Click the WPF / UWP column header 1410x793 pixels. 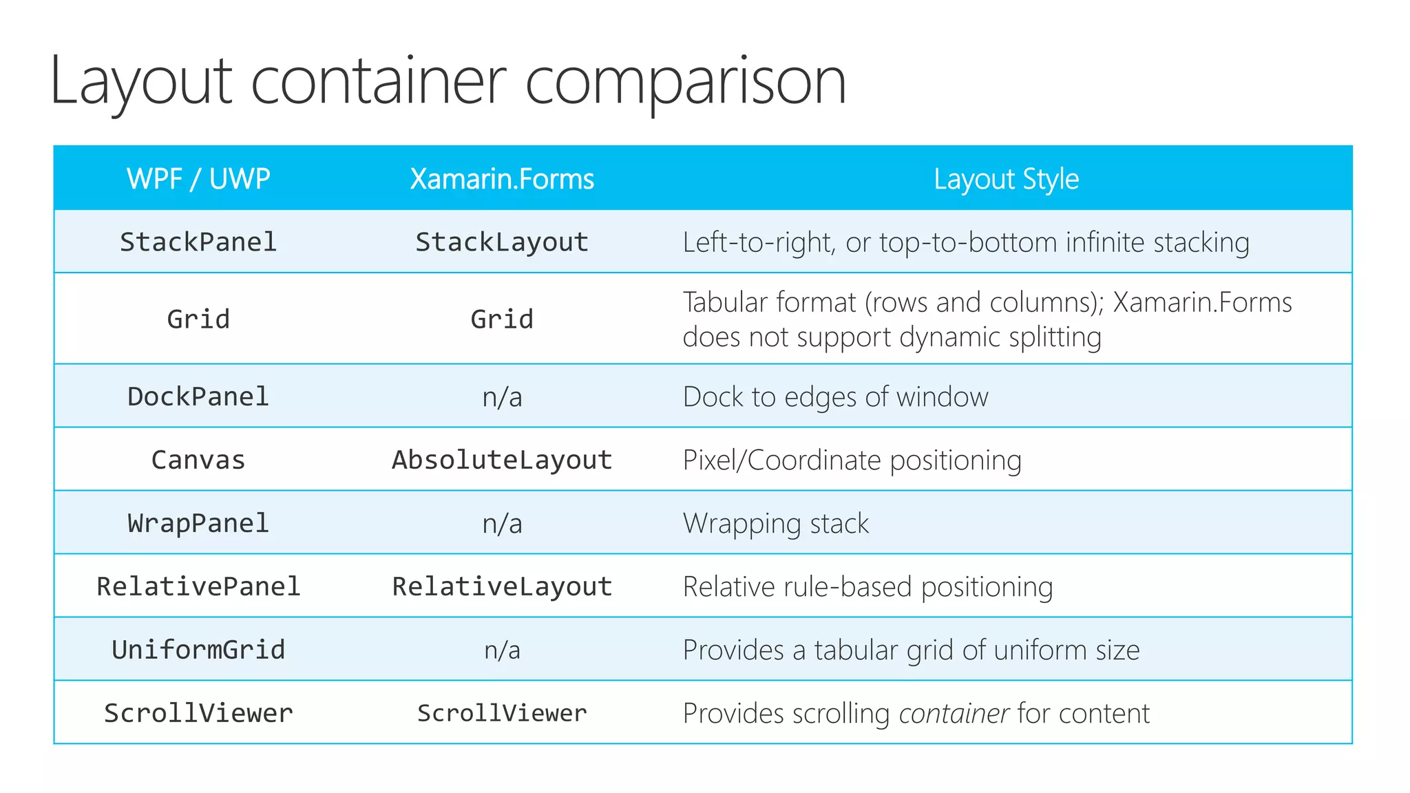click(198, 179)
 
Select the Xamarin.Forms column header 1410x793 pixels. click(502, 179)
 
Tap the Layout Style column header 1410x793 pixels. click(1006, 179)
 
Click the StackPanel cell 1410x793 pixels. click(198, 242)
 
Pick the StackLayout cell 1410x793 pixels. click(502, 242)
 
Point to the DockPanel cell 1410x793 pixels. click(198, 396)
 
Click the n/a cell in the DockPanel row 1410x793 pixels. click(502, 397)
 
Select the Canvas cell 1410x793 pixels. click(198, 460)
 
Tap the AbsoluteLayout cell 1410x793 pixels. click(502, 460)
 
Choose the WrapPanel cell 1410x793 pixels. click(198, 523)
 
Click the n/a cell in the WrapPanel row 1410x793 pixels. click(502, 524)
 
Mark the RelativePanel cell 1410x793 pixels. click(198, 586)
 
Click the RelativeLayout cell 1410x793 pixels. click(502, 586)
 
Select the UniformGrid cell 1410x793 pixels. click(198, 650)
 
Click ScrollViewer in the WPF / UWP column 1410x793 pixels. click(198, 713)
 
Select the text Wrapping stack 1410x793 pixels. click(775, 524)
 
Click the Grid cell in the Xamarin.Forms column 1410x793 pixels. click(502, 319)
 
